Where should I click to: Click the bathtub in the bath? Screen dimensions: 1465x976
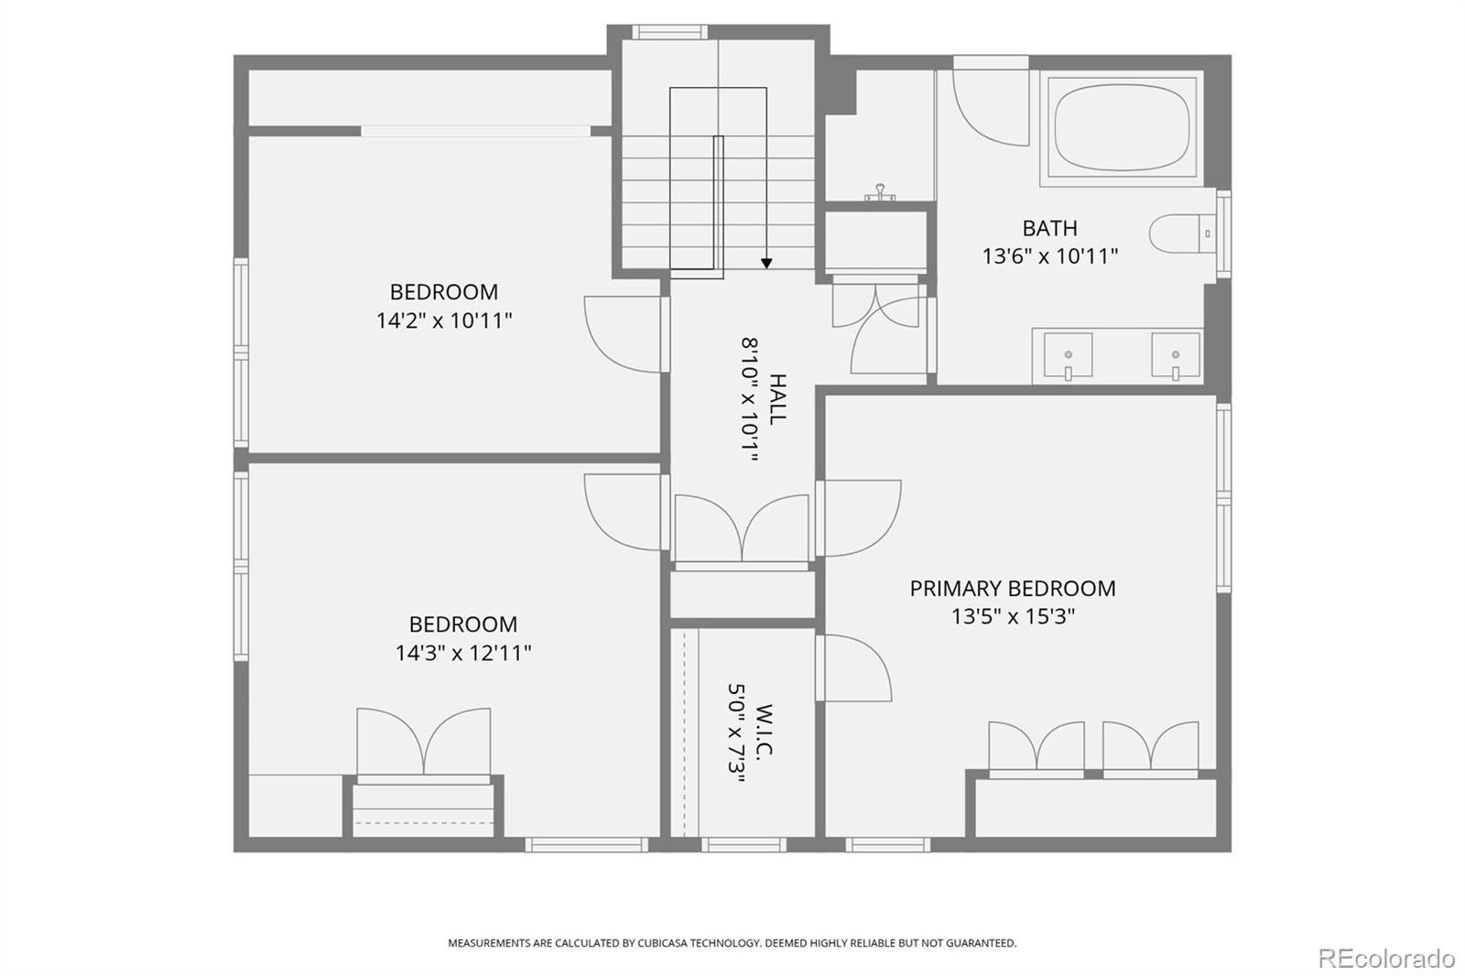(x=1122, y=127)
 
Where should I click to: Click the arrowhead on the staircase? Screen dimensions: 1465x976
(x=766, y=263)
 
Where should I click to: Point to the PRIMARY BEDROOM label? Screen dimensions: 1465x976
(x=1013, y=588)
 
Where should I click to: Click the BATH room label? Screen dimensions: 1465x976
(x=1049, y=228)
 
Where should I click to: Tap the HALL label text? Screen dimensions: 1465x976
(x=777, y=399)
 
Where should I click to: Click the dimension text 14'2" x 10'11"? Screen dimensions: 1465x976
(x=443, y=320)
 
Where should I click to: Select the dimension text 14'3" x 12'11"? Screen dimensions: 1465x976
(x=463, y=653)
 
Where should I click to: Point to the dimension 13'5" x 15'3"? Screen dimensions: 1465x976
(x=1013, y=616)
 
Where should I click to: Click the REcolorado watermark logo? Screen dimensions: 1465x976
(x=1386, y=959)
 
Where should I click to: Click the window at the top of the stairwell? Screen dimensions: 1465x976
(x=669, y=32)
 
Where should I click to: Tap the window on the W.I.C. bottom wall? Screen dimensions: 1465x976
(x=743, y=844)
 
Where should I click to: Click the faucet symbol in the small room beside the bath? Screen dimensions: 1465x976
(x=880, y=192)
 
